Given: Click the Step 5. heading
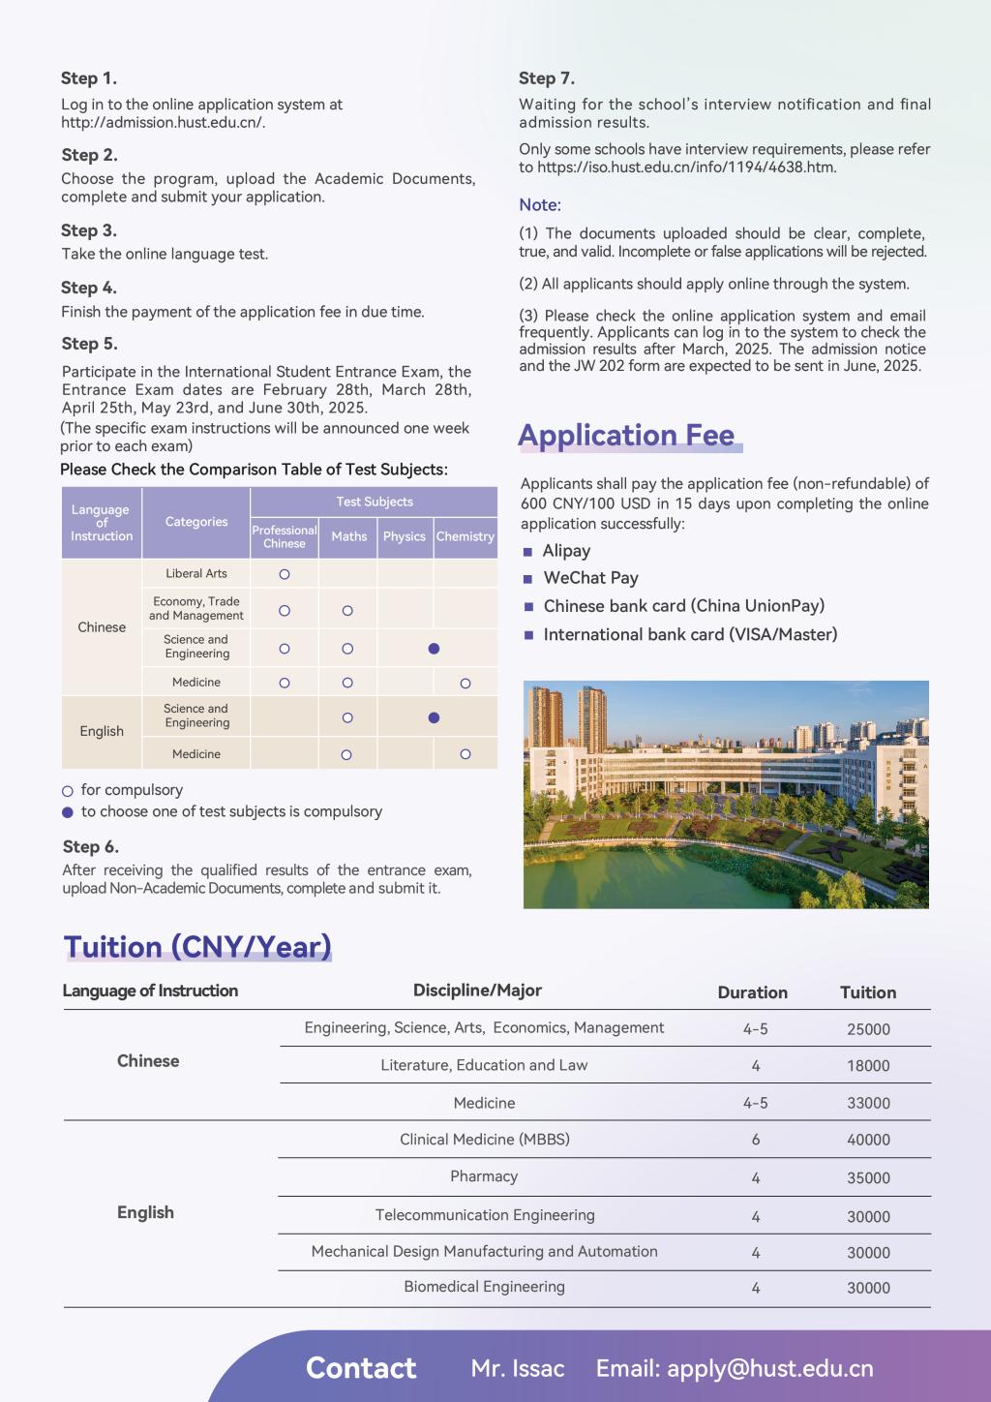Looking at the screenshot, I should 89,344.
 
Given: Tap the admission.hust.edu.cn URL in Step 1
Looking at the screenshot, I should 163,122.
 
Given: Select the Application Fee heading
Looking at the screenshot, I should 627,436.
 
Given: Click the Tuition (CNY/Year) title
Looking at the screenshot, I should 197,946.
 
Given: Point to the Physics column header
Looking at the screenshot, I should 404,536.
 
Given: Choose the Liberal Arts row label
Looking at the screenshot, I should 196,573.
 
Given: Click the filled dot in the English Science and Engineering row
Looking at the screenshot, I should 434,717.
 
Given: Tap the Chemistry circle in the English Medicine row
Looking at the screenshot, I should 465,754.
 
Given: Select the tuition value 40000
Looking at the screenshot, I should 868,1140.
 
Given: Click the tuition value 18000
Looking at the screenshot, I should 868,1066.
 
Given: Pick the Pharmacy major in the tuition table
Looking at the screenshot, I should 484,1176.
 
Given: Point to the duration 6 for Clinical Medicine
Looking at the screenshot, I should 756,1140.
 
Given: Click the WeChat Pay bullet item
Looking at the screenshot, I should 590,578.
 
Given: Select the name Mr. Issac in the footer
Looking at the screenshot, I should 518,1368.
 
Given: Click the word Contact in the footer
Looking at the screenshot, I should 361,1368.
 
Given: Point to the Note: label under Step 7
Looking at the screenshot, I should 540,205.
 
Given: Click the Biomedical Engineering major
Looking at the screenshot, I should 484,1287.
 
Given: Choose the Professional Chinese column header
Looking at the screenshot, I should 285,536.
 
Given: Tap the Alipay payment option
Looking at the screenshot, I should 566,551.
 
